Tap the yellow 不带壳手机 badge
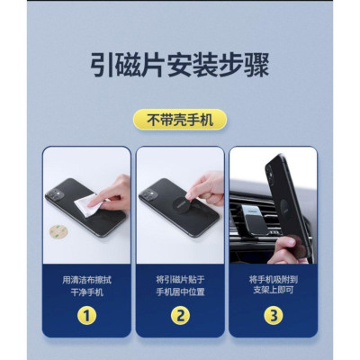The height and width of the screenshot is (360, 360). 180,120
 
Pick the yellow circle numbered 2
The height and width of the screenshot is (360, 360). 180,316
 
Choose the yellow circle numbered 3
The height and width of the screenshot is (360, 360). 272,316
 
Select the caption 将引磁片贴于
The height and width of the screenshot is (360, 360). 180,279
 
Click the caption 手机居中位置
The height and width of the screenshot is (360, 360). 180,292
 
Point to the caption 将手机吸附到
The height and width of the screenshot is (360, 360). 272,279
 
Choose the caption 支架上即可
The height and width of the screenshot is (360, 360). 272,292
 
